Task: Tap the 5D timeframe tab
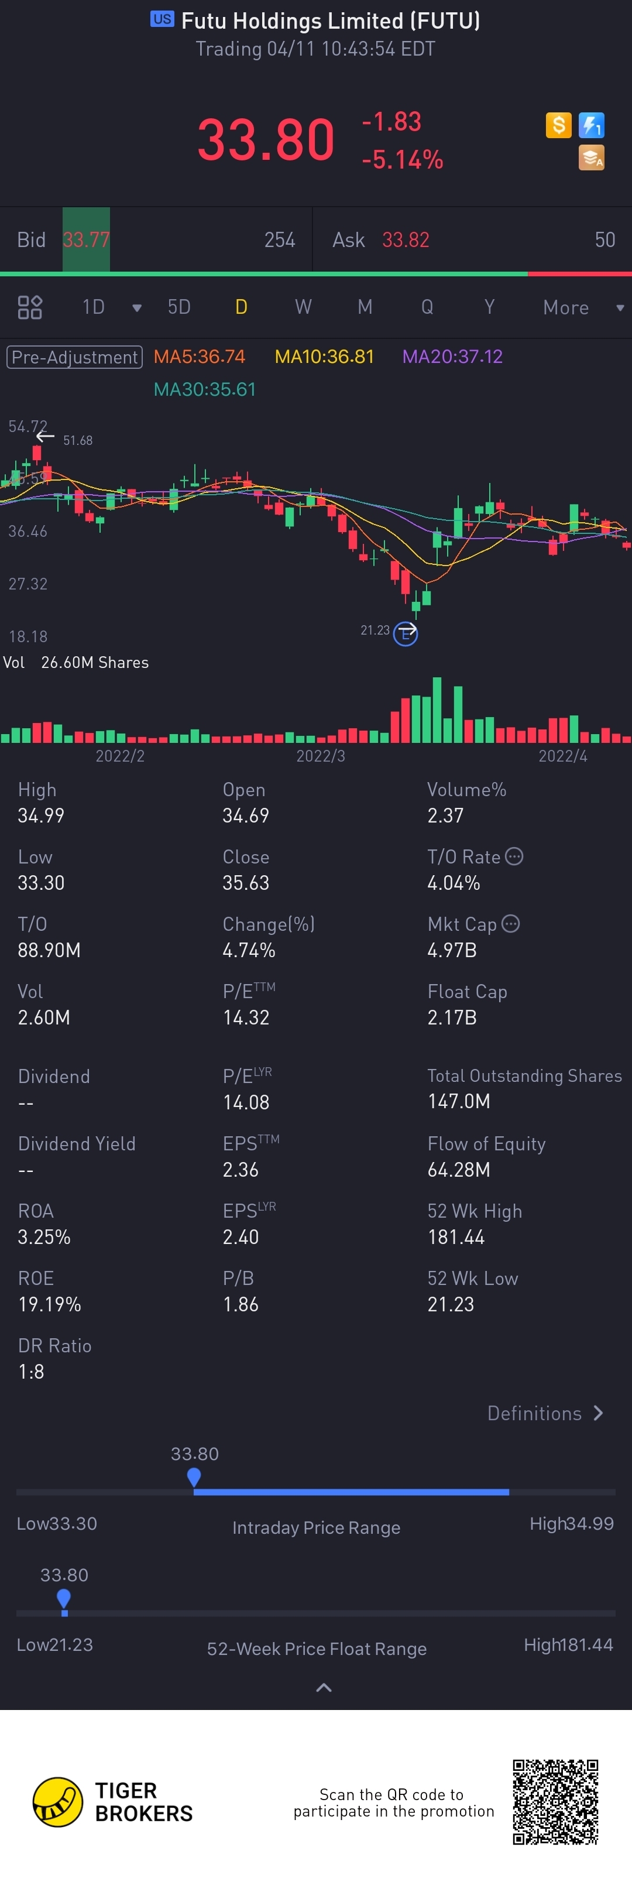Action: (x=179, y=307)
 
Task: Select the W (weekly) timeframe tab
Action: (x=303, y=307)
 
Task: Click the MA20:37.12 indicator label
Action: (x=452, y=357)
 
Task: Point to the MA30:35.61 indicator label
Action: (x=205, y=389)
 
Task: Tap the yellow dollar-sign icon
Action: (x=558, y=125)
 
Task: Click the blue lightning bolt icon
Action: (x=592, y=125)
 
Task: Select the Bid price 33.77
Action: (x=86, y=240)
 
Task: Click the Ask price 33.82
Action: (x=406, y=240)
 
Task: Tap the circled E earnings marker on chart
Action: (x=406, y=633)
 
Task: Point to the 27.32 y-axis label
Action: (x=28, y=584)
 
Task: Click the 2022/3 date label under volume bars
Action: (x=320, y=756)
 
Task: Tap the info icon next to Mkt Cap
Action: (x=511, y=924)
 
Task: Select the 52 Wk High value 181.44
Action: (x=456, y=1238)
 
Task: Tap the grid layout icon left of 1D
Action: (x=30, y=307)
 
